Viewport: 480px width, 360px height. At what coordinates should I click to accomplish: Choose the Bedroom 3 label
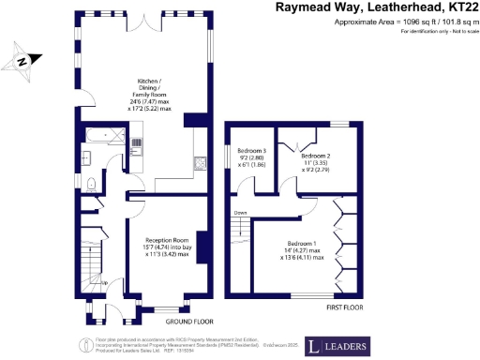[252, 157]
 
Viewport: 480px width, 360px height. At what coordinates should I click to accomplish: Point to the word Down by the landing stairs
[240, 212]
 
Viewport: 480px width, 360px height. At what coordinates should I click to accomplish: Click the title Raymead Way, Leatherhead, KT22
[374, 7]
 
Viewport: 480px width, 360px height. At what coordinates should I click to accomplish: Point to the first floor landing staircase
[241, 229]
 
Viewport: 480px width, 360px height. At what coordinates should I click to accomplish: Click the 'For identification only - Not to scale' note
[438, 33]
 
